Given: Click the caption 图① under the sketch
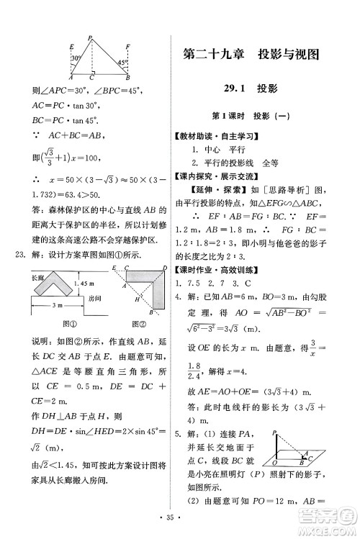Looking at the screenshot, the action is (x=51, y=320).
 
